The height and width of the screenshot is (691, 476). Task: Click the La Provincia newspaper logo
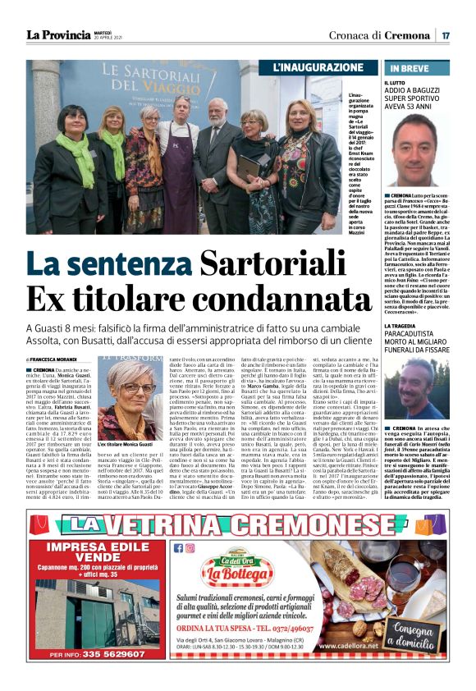58,34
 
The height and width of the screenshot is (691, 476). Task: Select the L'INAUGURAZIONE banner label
318,67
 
